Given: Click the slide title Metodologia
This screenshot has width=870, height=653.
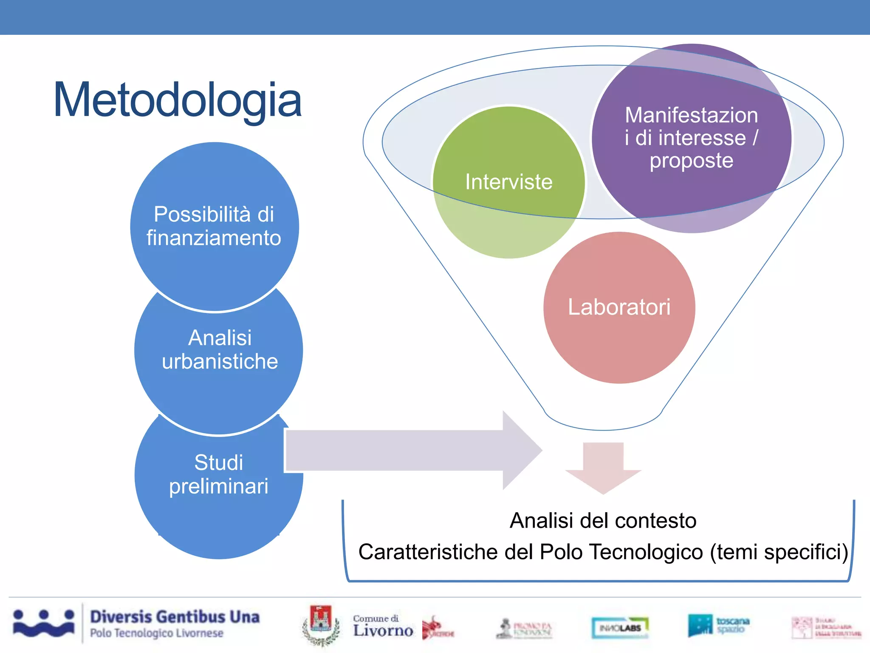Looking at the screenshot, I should pyautogui.click(x=177, y=100).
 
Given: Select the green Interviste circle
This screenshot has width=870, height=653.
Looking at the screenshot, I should pyautogui.click(x=508, y=182).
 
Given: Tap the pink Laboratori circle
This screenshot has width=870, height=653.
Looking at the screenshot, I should pyautogui.click(x=619, y=307).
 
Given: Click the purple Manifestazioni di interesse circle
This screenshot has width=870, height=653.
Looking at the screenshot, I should pyautogui.click(x=691, y=138).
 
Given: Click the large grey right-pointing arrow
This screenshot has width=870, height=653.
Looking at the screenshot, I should pyautogui.click(x=408, y=451).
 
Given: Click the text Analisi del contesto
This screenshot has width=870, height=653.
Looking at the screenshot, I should pyautogui.click(x=603, y=520).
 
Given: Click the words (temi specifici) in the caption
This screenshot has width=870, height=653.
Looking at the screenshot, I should pyautogui.click(x=779, y=552).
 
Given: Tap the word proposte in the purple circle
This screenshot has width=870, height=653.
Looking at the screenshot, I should pyautogui.click(x=691, y=161).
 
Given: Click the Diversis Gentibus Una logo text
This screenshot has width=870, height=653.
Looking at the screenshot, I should pyautogui.click(x=175, y=616).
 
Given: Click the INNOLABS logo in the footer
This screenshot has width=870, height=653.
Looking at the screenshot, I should pyautogui.click(x=620, y=627).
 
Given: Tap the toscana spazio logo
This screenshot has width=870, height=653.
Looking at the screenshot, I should pyautogui.click(x=719, y=625).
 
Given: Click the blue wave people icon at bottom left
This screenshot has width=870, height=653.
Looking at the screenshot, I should pyautogui.click(x=44, y=623).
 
